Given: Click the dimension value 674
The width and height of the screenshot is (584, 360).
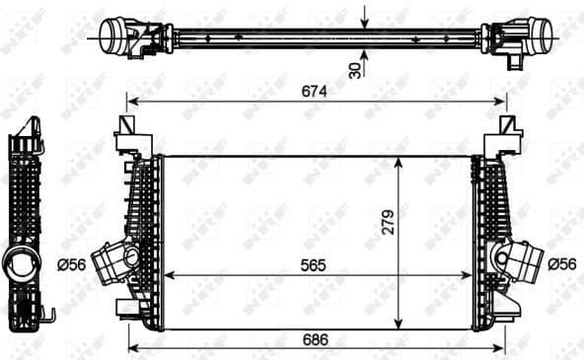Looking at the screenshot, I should (315, 91).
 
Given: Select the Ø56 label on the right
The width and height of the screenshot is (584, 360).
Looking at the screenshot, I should (561, 263).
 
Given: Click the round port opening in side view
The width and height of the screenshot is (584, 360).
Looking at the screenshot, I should (20, 263).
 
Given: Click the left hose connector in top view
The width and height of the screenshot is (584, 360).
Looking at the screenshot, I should (123, 37).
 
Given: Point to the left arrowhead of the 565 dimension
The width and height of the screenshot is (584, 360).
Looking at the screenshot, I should (166, 274).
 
